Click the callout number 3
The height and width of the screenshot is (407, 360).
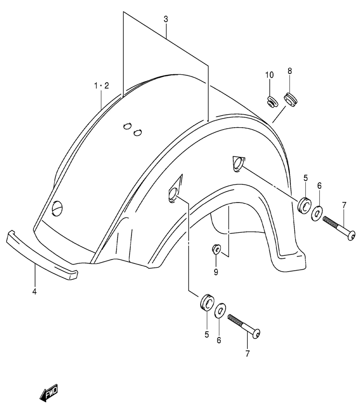[166, 19]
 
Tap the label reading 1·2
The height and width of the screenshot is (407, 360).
[101, 85]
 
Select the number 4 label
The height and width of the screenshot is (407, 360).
[34, 291]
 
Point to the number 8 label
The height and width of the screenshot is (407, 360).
[289, 71]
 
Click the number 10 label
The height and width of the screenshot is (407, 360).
[269, 75]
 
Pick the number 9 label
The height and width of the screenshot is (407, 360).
[216, 272]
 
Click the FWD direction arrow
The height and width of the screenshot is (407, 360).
[49, 392]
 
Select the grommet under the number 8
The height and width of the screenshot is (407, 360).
[290, 100]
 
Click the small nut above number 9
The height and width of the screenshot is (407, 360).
[216, 249]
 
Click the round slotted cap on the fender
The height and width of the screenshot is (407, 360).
[57, 208]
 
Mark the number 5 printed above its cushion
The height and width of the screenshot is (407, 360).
[305, 178]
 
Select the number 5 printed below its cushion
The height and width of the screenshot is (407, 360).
[206, 335]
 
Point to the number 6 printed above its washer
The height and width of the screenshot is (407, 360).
[319, 186]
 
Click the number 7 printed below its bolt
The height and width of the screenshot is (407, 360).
[247, 353]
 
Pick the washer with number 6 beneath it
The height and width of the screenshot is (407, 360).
[220, 310]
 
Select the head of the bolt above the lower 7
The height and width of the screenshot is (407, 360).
[256, 334]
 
